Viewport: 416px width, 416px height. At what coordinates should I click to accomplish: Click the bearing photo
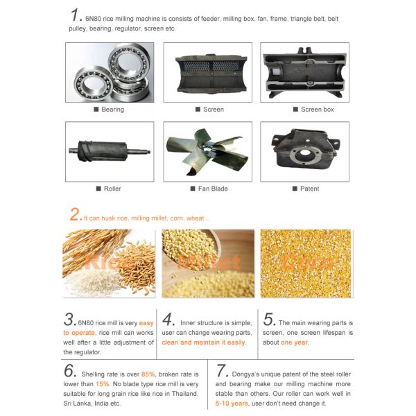(110, 73)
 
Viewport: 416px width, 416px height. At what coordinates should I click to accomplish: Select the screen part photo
(207, 73)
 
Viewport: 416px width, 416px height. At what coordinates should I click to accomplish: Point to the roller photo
(110, 152)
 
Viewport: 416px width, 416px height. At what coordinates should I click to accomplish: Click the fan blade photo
(207, 152)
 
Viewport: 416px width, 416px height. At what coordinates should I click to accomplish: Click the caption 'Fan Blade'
(209, 189)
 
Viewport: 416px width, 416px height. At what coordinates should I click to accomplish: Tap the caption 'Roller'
(112, 189)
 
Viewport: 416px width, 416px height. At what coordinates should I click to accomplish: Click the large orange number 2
(76, 215)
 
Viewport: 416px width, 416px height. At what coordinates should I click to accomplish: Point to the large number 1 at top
(76, 15)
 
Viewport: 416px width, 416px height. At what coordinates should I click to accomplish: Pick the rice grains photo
(110, 263)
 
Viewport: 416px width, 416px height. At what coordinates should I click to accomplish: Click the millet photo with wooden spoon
(207, 263)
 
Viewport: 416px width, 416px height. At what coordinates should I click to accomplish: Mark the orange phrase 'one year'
(295, 343)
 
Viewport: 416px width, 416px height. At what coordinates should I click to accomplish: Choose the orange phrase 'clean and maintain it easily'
(204, 343)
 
